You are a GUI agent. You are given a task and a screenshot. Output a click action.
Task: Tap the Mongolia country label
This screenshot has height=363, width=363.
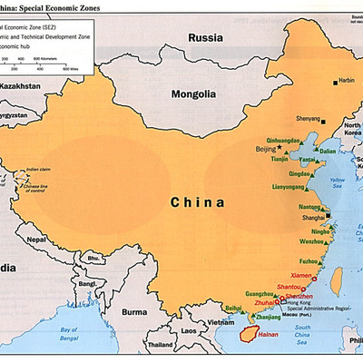click(194, 94)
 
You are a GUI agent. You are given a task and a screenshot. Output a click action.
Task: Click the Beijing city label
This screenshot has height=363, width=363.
click(266, 147)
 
